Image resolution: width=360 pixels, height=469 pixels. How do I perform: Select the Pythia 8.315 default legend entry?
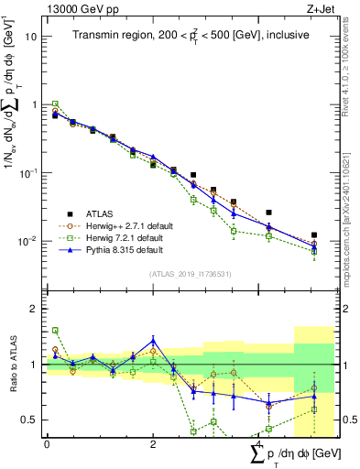[128, 249]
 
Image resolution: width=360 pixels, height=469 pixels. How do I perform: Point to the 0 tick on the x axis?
[47, 443]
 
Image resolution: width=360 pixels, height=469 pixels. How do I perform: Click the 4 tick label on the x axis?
[258, 443]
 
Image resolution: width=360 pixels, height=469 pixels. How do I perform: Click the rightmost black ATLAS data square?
[314, 235]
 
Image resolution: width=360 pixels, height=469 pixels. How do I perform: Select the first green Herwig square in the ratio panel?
[55, 330]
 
